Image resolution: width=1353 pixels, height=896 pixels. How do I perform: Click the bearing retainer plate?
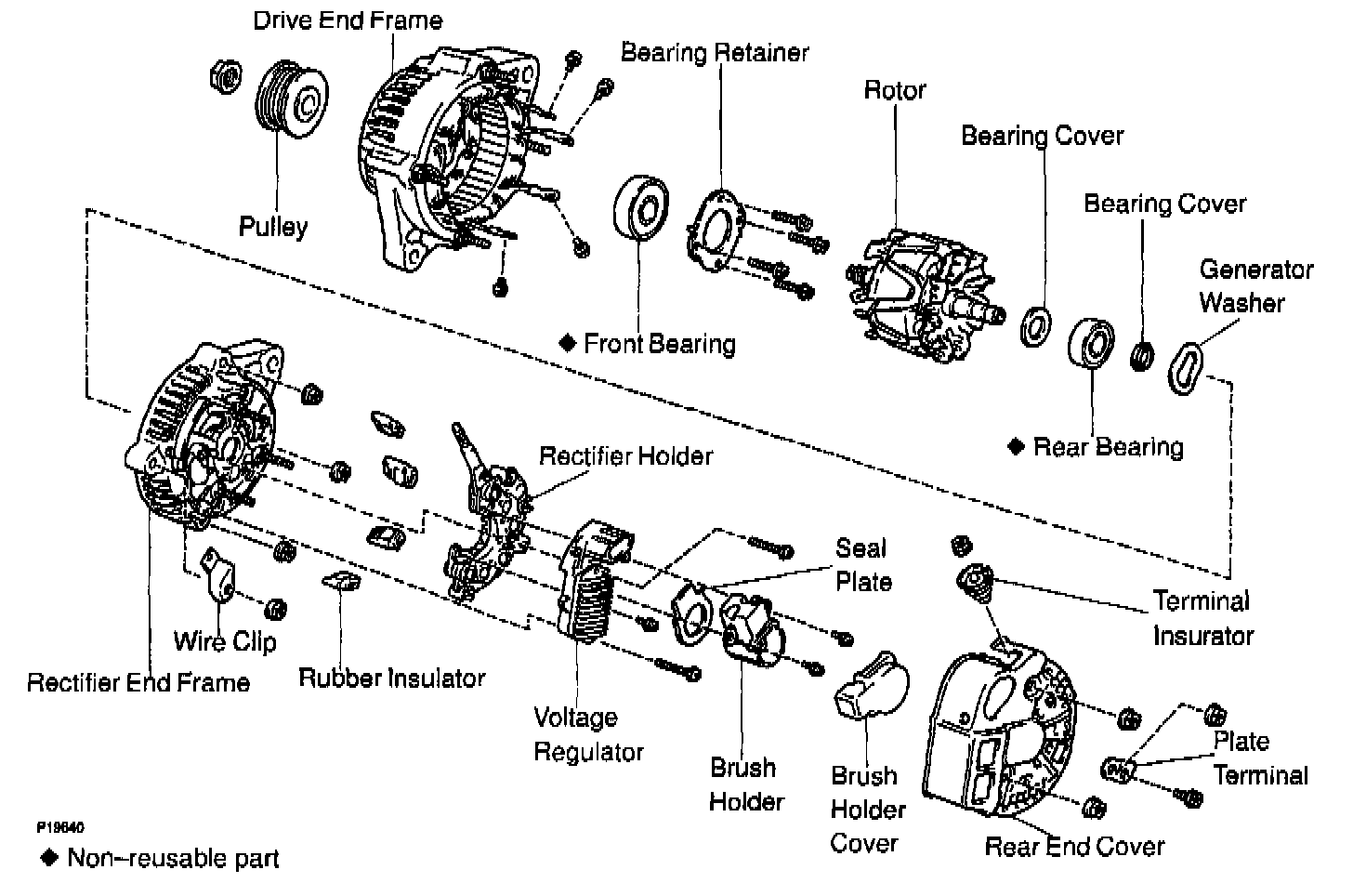click(x=716, y=231)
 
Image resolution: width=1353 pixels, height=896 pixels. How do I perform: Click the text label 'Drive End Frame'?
click(x=348, y=20)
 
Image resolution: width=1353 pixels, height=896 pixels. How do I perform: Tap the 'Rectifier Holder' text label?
click(x=625, y=456)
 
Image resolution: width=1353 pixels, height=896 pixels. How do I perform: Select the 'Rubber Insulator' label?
click(x=391, y=678)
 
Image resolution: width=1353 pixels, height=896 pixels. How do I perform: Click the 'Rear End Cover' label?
click(x=1074, y=847)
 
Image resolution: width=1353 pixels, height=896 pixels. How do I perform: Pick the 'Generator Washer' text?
click(x=1254, y=286)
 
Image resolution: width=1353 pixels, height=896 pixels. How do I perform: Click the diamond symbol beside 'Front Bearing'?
click(x=569, y=343)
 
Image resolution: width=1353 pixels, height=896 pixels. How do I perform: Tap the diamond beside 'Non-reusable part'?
click(x=49, y=857)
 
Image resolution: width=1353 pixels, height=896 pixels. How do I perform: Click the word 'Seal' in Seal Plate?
click(x=860, y=547)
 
